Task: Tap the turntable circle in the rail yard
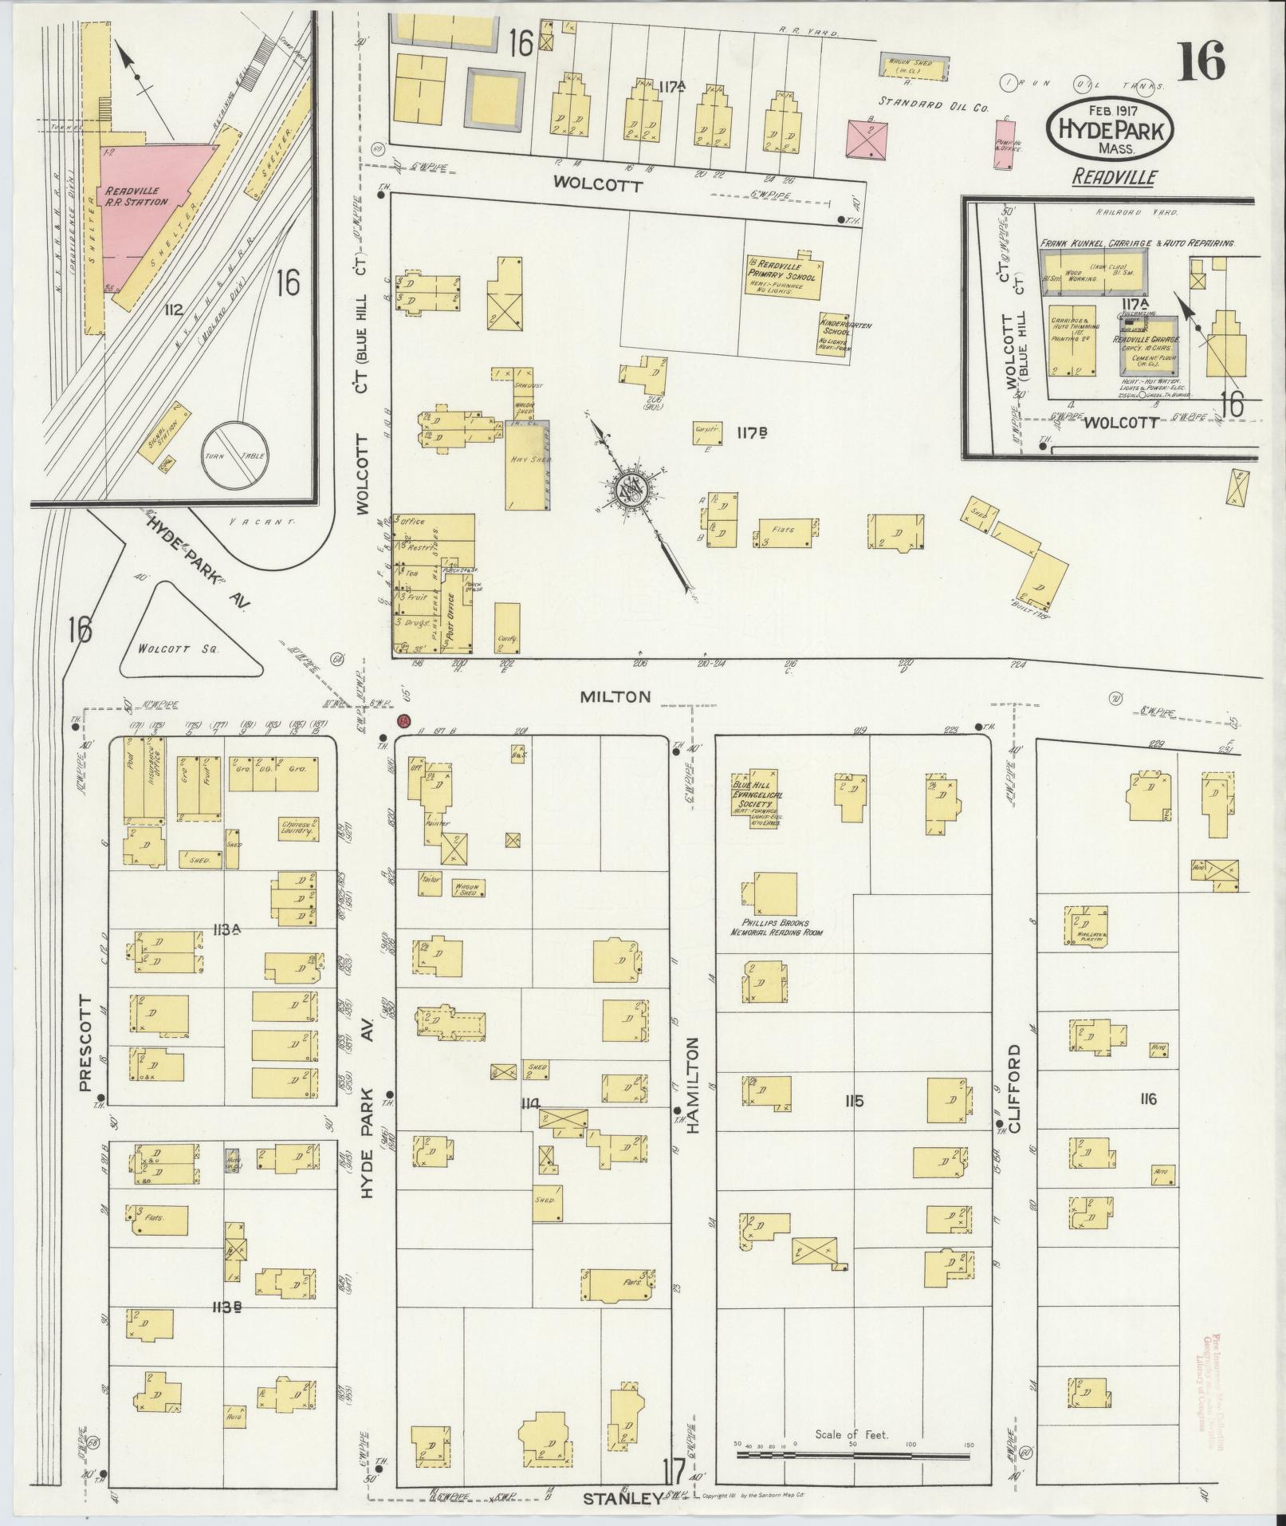click(234, 454)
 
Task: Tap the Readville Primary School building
click(784, 278)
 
